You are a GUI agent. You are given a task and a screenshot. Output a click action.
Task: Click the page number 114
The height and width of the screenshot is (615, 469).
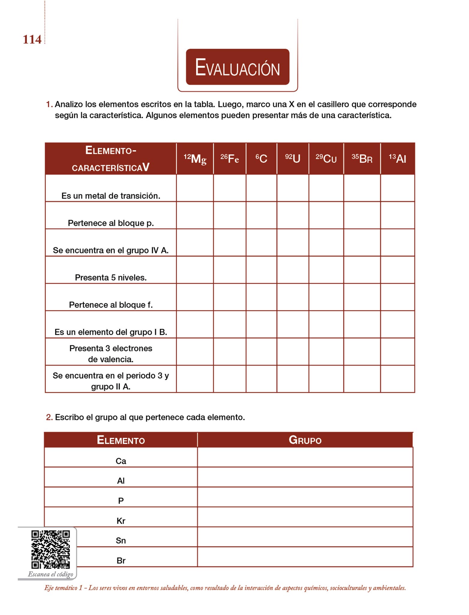coord(32,40)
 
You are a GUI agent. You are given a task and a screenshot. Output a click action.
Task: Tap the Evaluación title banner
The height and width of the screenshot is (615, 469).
coord(237,67)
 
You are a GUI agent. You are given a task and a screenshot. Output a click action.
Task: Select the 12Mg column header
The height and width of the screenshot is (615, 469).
coord(195,159)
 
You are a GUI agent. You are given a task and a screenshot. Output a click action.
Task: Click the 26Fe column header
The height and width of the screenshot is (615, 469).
coord(230,159)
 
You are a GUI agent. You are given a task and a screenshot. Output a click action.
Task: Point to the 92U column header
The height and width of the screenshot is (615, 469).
coord(293,159)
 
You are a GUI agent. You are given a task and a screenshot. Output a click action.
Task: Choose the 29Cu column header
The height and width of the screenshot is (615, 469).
coord(326,159)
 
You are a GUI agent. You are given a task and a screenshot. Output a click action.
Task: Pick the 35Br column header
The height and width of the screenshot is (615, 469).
coord(362,159)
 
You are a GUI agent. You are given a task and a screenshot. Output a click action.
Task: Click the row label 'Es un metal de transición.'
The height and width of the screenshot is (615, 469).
coord(111,196)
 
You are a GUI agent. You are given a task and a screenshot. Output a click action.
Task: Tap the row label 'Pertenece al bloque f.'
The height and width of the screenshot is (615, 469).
coord(111,305)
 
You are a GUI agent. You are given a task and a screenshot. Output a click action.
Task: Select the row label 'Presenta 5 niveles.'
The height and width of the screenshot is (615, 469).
coord(111,277)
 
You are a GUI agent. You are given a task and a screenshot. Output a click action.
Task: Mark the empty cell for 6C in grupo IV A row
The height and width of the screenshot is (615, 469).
coord(261,243)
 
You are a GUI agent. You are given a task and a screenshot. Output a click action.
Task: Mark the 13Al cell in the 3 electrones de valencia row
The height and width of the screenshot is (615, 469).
coord(398,352)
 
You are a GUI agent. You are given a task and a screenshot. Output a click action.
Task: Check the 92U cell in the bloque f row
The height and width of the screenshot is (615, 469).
coord(293,297)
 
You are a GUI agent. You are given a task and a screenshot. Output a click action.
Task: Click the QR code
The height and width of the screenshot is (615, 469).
coord(50,550)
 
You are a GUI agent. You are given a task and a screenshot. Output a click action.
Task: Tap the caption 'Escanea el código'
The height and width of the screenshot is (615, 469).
coord(50,574)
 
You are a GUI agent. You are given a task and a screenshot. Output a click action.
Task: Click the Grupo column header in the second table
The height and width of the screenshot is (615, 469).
coord(305,440)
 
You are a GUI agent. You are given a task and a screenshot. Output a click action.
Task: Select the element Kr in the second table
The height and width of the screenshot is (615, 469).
coord(121,521)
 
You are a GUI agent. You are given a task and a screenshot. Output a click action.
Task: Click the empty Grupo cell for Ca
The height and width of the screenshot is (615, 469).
coord(305,457)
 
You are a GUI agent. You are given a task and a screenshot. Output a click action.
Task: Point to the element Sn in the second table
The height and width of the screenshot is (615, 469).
coord(121,541)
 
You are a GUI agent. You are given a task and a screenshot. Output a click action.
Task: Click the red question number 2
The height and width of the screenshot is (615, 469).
coord(49,417)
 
